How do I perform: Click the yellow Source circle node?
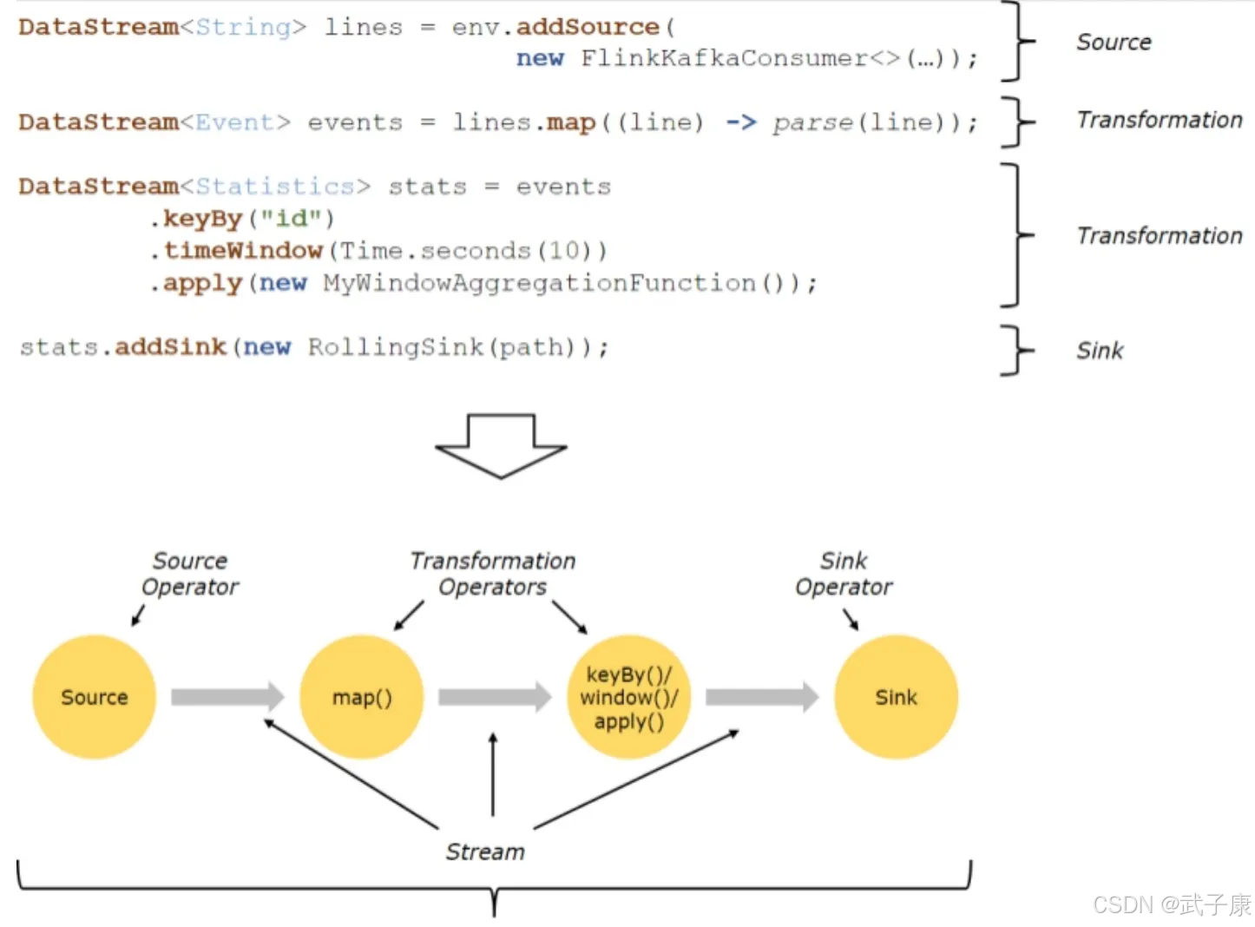pos(95,697)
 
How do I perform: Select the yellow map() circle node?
pos(362,697)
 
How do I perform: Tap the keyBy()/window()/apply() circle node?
pos(629,697)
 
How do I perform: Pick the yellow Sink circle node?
pos(897,697)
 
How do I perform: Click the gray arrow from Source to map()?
pos(227,697)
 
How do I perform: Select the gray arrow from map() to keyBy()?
pos(495,697)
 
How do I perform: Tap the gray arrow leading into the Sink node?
pos(762,697)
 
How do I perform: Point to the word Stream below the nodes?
pos(485,851)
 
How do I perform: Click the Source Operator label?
pos(190,574)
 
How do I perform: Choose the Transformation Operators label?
pos(493,574)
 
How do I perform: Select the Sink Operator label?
pos(844,574)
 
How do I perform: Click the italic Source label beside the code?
pos(1114,43)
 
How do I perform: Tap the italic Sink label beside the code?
pos(1100,351)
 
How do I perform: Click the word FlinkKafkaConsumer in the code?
pos(724,58)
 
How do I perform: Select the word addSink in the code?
pos(170,347)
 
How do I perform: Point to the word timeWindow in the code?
pos(243,251)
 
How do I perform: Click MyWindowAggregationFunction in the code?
pos(540,283)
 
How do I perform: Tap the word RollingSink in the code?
pos(396,347)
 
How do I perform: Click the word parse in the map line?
pos(813,122)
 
